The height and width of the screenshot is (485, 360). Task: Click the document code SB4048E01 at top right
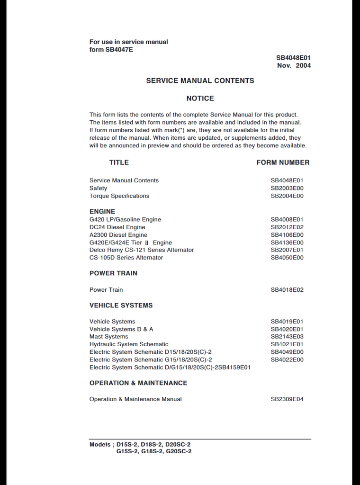point(293,58)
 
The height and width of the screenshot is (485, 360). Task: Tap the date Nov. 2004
point(294,65)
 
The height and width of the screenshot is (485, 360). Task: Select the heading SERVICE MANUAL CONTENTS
point(200,81)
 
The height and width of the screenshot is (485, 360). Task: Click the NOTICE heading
point(200,98)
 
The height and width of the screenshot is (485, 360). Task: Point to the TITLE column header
point(119,162)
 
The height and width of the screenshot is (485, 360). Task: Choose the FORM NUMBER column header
point(283,162)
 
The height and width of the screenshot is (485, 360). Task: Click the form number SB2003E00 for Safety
point(287,188)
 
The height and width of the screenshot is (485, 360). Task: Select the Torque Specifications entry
point(119,196)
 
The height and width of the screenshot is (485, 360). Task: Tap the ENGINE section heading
point(102,211)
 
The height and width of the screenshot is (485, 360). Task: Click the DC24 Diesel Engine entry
point(117,227)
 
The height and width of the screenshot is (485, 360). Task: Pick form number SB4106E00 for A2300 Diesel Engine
point(287,234)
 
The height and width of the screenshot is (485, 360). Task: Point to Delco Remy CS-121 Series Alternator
point(142,250)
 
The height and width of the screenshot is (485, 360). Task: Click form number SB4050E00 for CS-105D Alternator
point(287,257)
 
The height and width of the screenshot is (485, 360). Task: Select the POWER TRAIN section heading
point(113,273)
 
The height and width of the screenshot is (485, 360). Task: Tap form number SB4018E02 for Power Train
point(287,289)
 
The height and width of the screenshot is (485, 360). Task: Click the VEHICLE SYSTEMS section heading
point(121,305)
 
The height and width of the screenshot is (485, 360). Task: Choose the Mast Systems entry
point(108,336)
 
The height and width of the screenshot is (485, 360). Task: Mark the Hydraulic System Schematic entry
point(129,344)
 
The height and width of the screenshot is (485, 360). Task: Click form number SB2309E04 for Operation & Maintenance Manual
point(287,399)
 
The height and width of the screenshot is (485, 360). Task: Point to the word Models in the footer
point(100,444)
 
